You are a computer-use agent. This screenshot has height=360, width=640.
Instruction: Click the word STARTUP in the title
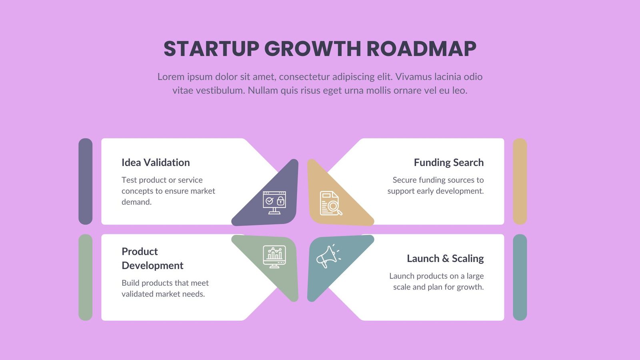pos(212,49)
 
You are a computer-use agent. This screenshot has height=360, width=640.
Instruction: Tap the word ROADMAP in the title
pos(421,49)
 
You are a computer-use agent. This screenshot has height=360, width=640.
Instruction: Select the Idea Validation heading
pos(156,162)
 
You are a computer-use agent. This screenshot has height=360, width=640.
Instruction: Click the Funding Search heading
pos(448,162)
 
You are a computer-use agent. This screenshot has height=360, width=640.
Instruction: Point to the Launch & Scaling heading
pos(445,258)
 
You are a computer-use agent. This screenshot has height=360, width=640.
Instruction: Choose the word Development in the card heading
pos(152,266)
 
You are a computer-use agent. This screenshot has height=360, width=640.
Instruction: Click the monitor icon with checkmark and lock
pos(274,202)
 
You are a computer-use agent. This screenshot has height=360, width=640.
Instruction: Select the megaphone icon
pos(328,256)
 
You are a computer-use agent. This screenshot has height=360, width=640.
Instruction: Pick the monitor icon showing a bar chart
pos(274,256)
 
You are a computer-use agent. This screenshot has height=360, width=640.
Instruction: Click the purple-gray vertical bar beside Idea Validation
pos(86,181)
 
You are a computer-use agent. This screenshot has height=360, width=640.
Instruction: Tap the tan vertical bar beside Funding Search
pos(520,181)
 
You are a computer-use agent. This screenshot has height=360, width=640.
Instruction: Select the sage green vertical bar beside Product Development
pos(86,277)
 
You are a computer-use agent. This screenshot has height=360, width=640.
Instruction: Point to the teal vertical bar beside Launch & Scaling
pos(520,277)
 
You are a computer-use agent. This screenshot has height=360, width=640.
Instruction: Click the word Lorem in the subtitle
pos(171,77)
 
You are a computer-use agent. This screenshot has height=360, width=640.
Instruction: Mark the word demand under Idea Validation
pos(136,202)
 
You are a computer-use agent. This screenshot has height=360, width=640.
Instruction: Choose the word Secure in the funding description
pos(404,180)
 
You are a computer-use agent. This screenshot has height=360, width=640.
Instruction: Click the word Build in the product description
pos(130,283)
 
